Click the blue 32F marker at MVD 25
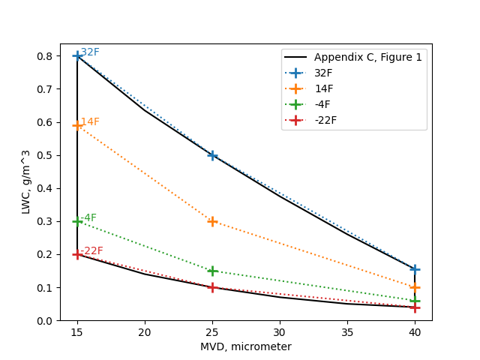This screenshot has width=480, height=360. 212,155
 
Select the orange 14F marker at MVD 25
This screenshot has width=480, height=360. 212,221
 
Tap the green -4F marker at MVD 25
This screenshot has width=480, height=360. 212,271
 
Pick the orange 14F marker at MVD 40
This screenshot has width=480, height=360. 415,287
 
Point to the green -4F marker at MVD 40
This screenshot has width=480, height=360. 415,301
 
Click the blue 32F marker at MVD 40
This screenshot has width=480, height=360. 415,268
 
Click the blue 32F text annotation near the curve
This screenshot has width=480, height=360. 90,52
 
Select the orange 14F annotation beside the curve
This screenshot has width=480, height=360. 90,122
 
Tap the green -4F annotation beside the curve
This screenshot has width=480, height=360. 88,218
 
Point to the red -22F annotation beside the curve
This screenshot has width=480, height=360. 91,251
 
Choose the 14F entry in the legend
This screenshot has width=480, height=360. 324,88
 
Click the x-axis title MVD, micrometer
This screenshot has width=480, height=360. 246,347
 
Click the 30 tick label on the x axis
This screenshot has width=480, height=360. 280,331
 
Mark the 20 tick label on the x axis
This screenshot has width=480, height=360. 145,331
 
